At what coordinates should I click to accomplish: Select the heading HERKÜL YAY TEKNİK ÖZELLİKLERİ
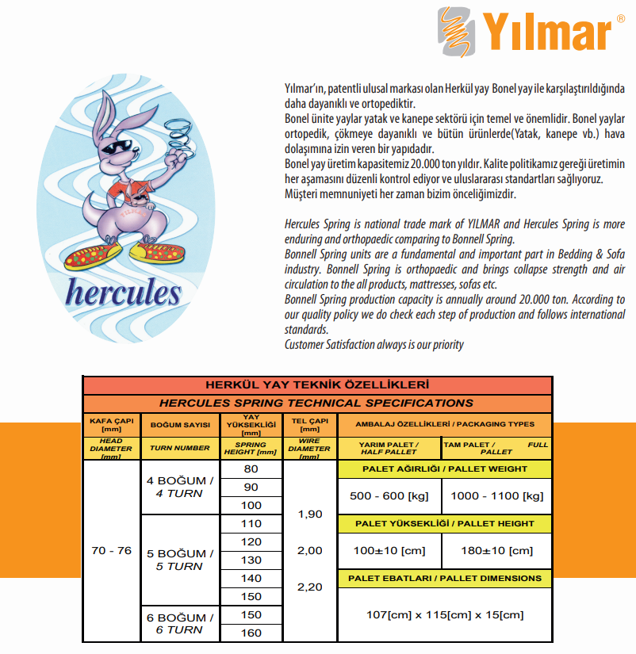coord(317,385)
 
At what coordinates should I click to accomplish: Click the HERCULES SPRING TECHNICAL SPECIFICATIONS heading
coord(317,403)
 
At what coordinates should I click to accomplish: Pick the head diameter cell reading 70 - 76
coord(111,550)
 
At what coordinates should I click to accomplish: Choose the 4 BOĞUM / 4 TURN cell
coord(180,487)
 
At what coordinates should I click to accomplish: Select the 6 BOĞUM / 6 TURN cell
coord(180,623)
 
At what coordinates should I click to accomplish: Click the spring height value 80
coord(251,469)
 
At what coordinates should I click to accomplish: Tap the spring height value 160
coord(251,633)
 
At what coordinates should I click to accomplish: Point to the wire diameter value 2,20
coord(309,587)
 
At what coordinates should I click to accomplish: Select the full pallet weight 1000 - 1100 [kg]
coord(497,496)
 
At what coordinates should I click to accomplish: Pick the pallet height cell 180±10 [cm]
coord(497,550)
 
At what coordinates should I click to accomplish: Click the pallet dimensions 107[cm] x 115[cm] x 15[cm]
coord(444,614)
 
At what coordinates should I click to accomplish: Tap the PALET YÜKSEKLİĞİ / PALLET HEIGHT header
coord(444,523)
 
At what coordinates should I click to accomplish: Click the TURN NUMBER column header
coord(180,448)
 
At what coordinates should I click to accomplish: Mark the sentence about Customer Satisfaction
coord(374,344)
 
